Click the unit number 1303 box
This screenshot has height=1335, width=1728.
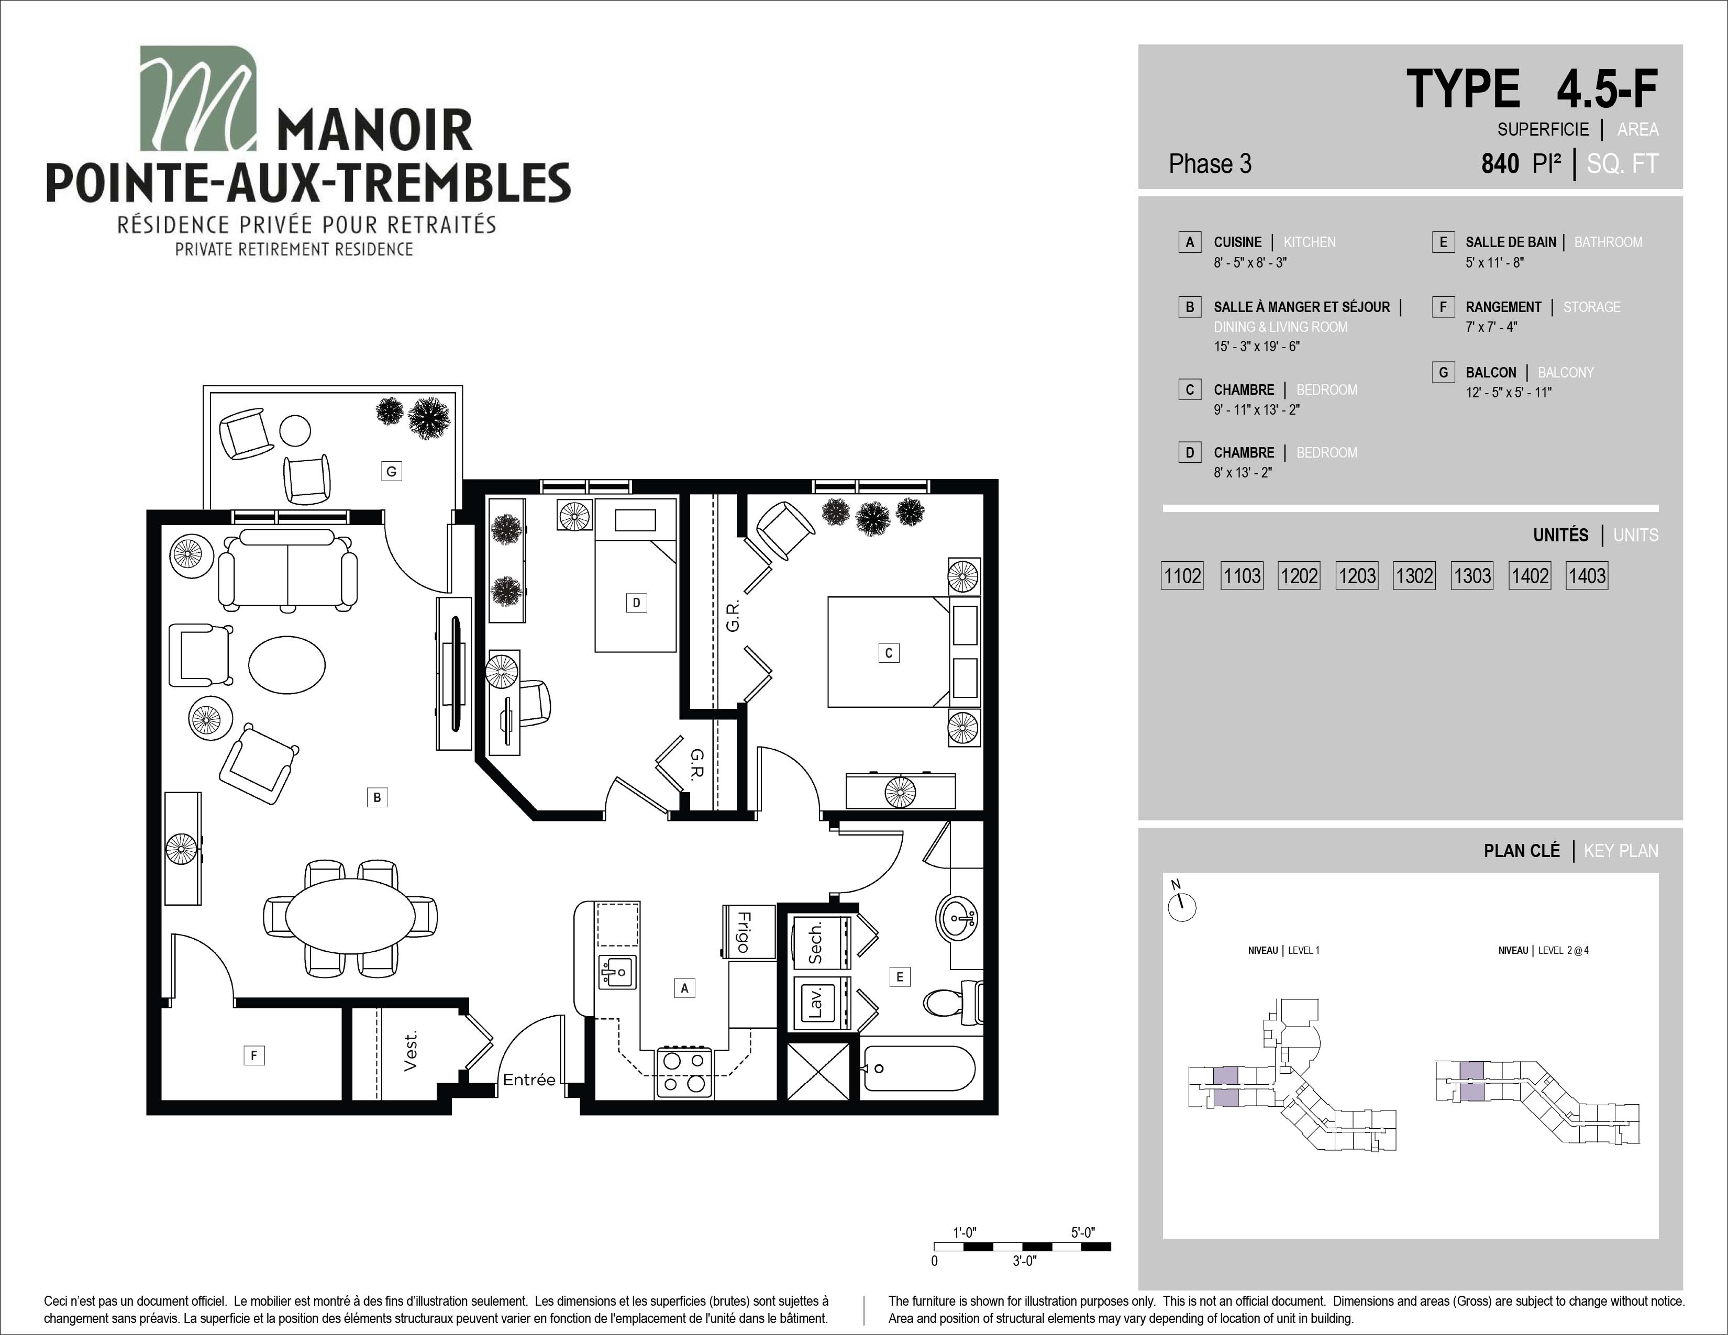tap(1471, 576)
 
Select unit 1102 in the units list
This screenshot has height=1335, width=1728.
tap(1182, 576)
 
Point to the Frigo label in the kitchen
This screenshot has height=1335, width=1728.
tap(743, 932)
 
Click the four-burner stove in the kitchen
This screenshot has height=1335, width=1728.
tap(684, 1072)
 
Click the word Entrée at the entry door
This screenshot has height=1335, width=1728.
tap(529, 1080)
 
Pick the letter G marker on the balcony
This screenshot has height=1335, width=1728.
tap(391, 471)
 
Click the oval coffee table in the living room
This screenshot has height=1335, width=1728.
tap(286, 665)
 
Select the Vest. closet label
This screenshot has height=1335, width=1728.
tap(410, 1051)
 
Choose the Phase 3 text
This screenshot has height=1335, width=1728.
tap(1210, 164)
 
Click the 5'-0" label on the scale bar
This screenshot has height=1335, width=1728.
tap(1082, 1232)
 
